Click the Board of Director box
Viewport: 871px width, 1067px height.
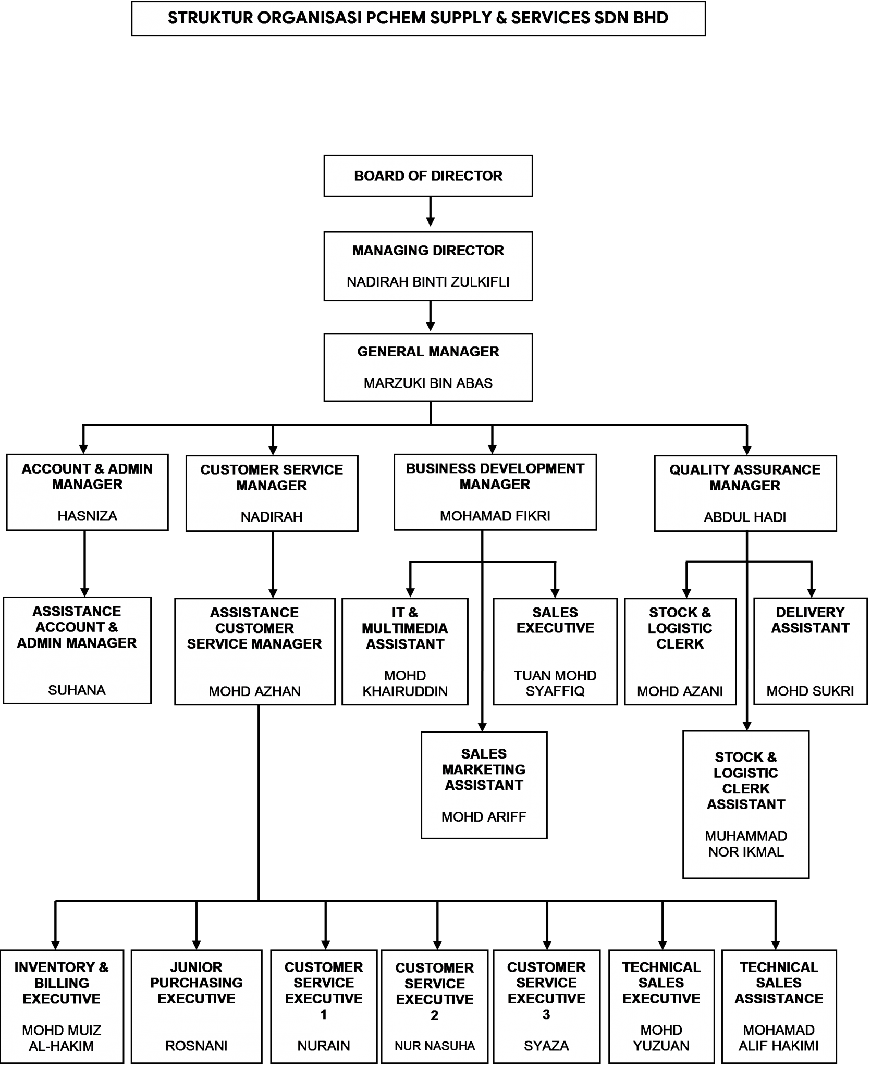point(428,176)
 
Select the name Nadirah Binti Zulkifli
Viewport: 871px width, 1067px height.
point(428,282)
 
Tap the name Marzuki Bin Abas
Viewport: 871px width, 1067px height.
point(428,383)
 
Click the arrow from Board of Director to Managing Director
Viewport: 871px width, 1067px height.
point(430,212)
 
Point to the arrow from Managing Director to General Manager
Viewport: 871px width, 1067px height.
point(430,316)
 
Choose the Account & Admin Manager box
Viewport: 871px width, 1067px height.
point(87,492)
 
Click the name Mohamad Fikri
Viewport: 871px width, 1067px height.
point(495,516)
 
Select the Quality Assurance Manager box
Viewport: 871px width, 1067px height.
point(745,493)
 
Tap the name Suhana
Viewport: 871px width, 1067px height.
point(77,690)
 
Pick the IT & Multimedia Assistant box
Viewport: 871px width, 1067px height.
point(405,651)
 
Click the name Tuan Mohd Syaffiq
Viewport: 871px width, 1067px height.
point(555,683)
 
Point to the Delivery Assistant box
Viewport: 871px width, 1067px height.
point(811,651)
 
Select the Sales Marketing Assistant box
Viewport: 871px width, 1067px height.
point(484,785)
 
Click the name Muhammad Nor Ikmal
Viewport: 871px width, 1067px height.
point(746,843)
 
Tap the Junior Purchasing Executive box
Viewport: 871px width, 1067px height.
point(196,1006)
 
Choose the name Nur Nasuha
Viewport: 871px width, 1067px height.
point(435,1046)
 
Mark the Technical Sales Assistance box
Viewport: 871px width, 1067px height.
point(779,1006)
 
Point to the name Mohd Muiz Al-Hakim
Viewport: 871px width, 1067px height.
point(62,1038)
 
